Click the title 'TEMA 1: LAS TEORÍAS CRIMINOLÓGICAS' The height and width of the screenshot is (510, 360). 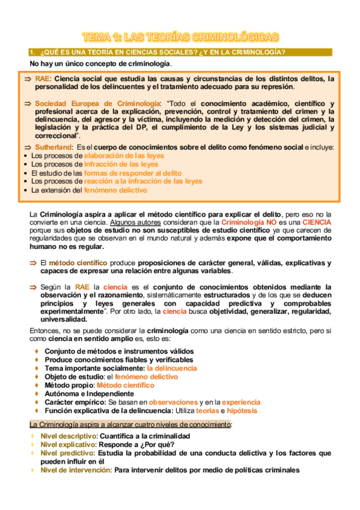(180, 37)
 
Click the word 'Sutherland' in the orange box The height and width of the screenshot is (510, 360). (52, 147)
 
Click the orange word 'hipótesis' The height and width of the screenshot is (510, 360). (242, 411)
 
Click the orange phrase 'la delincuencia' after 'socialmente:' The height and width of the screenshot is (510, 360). (172, 368)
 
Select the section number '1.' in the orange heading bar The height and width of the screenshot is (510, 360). (34, 52)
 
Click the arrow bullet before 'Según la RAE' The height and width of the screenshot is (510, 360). (34, 287)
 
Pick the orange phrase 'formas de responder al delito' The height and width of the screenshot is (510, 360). (132, 173)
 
